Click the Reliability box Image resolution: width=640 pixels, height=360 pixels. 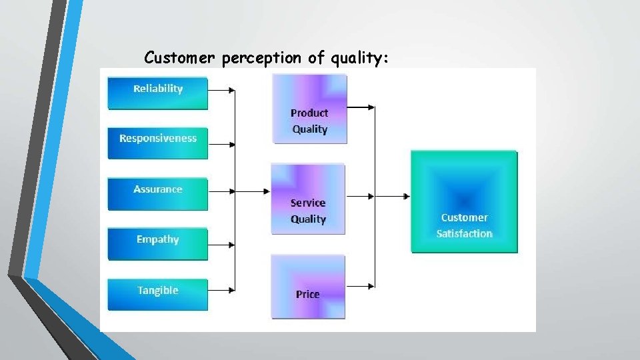pyautogui.click(x=158, y=93)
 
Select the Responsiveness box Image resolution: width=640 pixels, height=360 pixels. pyautogui.click(x=158, y=143)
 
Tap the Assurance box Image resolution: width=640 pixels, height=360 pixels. pyautogui.click(x=158, y=194)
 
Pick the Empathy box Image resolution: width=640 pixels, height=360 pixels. pyautogui.click(x=158, y=244)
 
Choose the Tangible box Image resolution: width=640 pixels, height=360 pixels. pyautogui.click(x=158, y=295)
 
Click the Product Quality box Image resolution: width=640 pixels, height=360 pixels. pyautogui.click(x=310, y=109)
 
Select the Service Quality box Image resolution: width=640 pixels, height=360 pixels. pyautogui.click(x=308, y=199)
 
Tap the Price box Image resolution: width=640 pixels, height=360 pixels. pyautogui.click(x=308, y=286)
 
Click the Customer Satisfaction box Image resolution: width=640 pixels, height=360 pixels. pyautogui.click(x=464, y=201)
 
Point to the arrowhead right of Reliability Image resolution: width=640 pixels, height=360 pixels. pyautogui.click(x=231, y=90)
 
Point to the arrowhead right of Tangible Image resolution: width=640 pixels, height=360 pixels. pyautogui.click(x=231, y=290)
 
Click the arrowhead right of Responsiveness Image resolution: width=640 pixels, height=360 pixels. pyautogui.click(x=231, y=143)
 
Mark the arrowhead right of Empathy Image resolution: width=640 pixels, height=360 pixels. pyautogui.click(x=231, y=245)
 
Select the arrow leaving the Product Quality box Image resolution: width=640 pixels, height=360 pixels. pyautogui.click(x=361, y=107)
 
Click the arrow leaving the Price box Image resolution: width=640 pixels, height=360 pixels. pyautogui.click(x=360, y=287)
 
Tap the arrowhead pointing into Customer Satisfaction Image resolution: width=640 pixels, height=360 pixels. pyautogui.click(x=406, y=196)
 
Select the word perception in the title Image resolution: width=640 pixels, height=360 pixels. pyautogui.click(x=262, y=59)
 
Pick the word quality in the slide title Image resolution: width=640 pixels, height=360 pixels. pyautogui.click(x=358, y=59)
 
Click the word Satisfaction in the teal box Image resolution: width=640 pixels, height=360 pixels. pyautogui.click(x=465, y=233)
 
